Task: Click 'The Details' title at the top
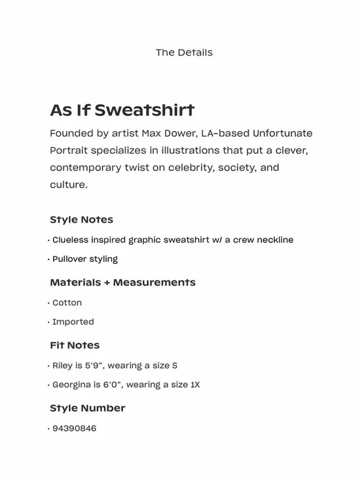(184, 52)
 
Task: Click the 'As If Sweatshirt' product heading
(122, 110)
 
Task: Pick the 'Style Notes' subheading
(81, 220)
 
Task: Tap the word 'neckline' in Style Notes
(274, 240)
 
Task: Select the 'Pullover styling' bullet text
(85, 259)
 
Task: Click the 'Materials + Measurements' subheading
(122, 283)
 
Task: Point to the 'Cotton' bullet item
(67, 303)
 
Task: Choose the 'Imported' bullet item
(73, 322)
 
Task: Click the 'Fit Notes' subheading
(75, 345)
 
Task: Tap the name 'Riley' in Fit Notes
(63, 365)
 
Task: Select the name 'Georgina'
(72, 384)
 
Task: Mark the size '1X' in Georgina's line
(194, 384)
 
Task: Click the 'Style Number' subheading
(87, 408)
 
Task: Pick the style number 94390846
(74, 428)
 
